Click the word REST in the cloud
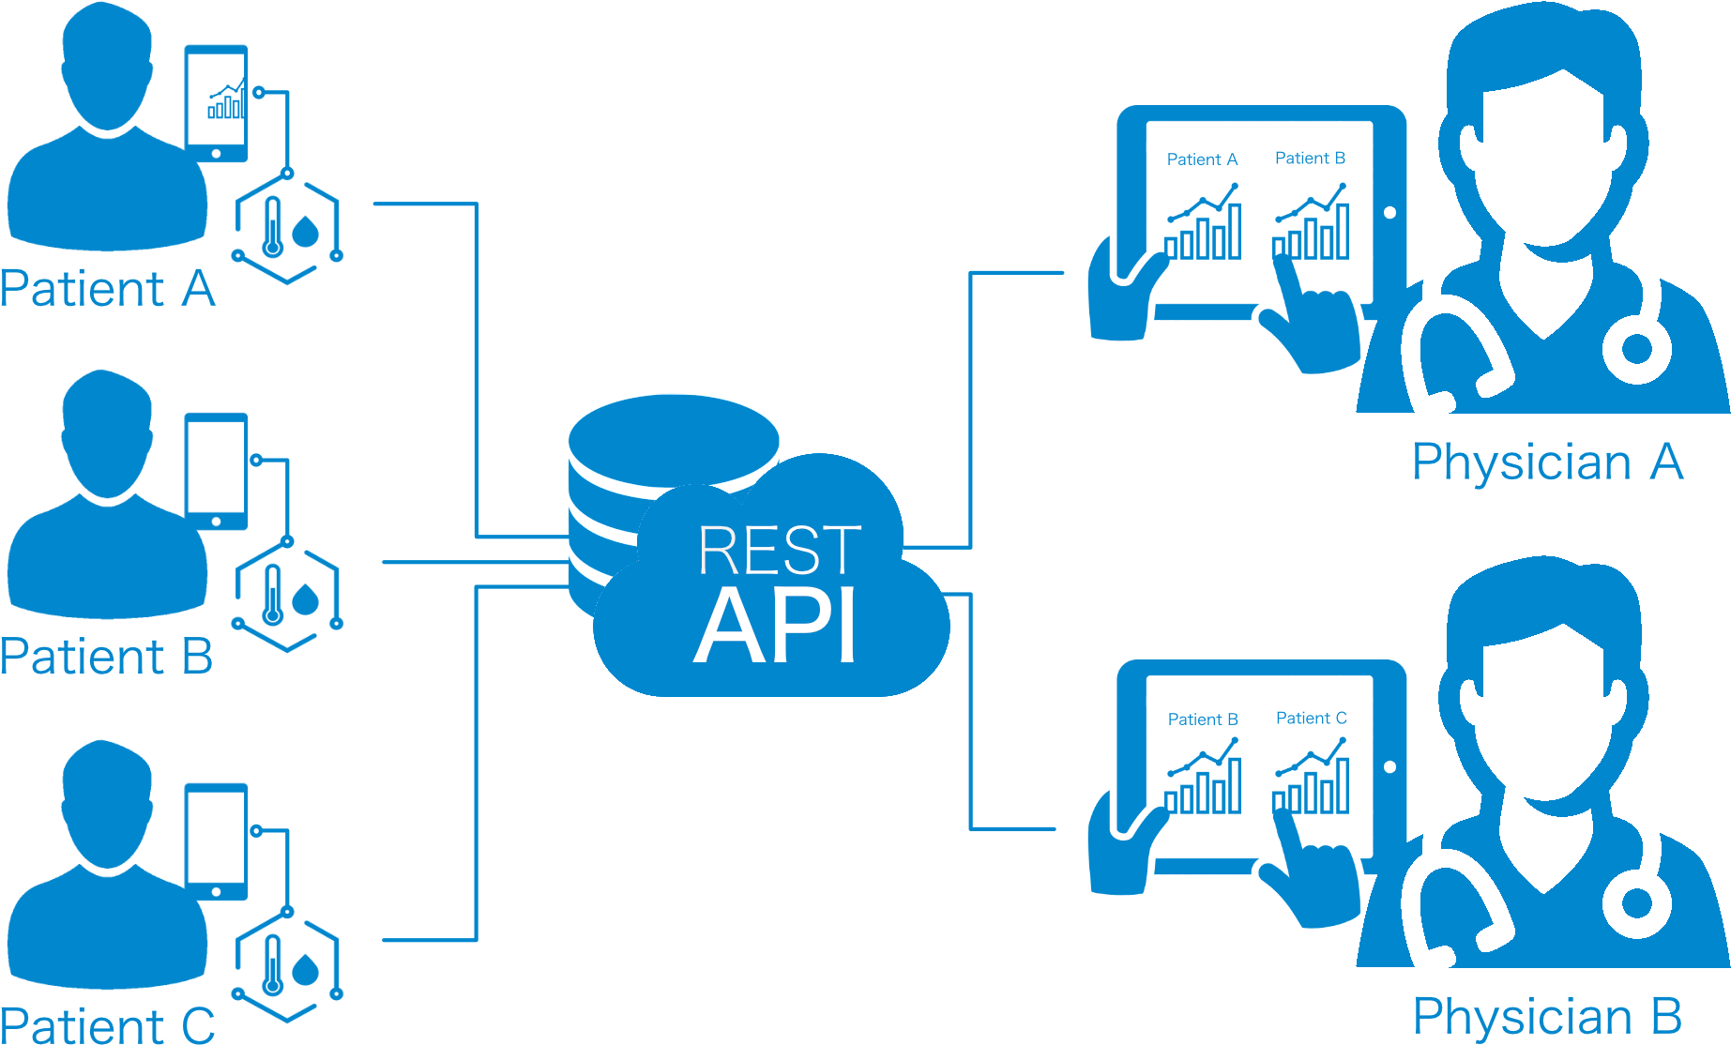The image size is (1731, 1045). pos(779,550)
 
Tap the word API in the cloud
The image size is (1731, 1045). pos(775,627)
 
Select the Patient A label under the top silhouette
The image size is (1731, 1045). pos(107,288)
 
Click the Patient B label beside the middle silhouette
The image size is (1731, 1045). pos(106,656)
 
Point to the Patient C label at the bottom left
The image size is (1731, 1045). pos(107,1025)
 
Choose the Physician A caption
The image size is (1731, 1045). pos(1547,462)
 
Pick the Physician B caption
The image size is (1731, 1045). pos(1547,1016)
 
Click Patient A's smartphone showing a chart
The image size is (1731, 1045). pos(218,103)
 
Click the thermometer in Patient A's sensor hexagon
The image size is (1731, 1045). pos(273,228)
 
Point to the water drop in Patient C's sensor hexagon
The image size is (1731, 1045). pos(306,968)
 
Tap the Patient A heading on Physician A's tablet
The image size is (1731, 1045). pos(1202,159)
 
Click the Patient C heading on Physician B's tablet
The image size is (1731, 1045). pos(1311,719)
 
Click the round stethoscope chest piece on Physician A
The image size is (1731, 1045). pos(1636,350)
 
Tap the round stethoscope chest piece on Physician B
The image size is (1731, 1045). pos(1636,904)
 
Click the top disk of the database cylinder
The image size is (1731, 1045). pos(674,437)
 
